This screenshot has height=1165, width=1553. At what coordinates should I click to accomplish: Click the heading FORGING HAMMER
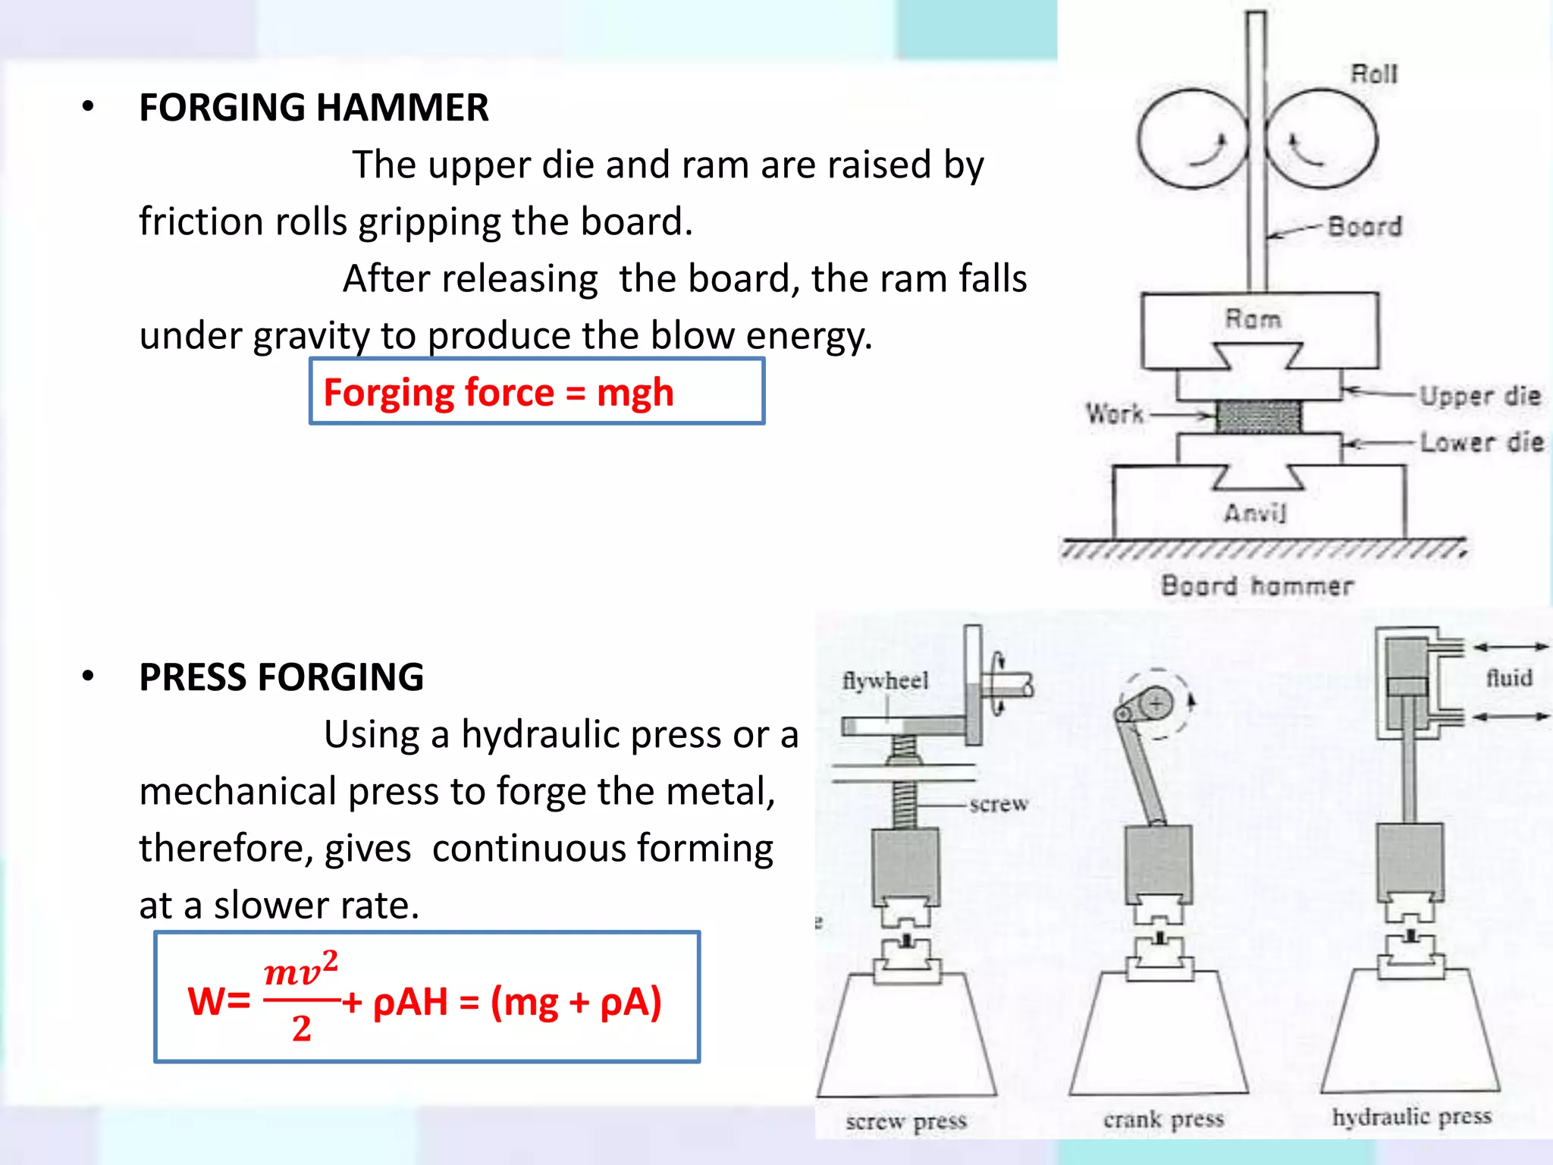pos(313,108)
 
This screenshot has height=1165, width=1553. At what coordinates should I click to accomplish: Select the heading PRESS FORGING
pos(281,677)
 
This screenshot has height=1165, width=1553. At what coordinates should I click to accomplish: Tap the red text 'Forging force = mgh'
pos(498,393)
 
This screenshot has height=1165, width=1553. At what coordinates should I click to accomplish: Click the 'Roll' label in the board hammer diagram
pos(1373,74)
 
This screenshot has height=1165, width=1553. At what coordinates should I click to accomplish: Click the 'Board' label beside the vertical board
pos(1364,226)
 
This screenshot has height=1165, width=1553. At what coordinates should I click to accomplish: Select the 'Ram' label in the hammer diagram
pos(1253,319)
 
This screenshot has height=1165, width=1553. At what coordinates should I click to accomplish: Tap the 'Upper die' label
pos(1479,395)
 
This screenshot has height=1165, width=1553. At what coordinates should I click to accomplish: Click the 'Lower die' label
pos(1481,441)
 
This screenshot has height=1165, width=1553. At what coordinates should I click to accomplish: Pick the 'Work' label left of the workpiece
pos(1114,413)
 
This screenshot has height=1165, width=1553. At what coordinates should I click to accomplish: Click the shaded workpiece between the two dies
pos(1258,416)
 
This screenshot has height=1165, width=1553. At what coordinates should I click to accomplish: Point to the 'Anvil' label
pos(1255,513)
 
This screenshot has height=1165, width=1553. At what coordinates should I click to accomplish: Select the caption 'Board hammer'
pos(1257,586)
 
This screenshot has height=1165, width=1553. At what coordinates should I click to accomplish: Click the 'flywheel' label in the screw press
pos(885,680)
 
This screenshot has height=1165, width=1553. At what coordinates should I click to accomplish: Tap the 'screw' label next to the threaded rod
pos(999,804)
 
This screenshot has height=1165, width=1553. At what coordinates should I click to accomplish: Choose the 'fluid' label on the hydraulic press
pos(1508,677)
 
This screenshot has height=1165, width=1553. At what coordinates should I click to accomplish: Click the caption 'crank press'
pos(1163,1119)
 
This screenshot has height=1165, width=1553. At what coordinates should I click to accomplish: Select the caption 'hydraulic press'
pos(1411,1116)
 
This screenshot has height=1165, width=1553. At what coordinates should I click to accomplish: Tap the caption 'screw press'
pos(906,1121)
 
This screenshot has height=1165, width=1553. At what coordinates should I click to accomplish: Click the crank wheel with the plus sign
pos(1155,704)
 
